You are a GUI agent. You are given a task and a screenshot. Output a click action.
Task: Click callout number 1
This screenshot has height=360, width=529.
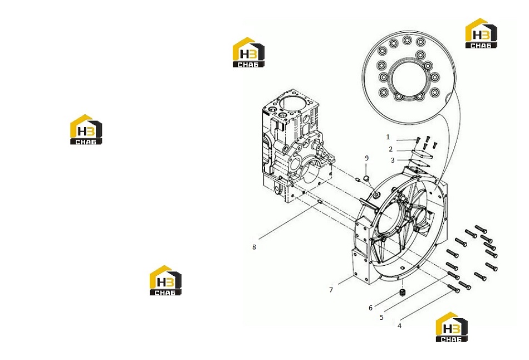tap(388, 137)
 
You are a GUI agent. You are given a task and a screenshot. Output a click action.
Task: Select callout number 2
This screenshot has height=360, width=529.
tap(391, 149)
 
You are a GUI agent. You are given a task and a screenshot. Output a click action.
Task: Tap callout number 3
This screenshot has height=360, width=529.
tap(393, 160)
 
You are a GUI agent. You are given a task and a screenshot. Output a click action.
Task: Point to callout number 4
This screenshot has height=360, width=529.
tap(399, 326)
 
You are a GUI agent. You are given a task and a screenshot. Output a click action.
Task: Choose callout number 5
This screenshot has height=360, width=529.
tap(381, 318)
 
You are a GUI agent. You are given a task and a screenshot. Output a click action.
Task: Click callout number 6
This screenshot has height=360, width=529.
tap(370, 308)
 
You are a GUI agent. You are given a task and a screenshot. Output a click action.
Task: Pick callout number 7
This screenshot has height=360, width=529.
tap(331, 290)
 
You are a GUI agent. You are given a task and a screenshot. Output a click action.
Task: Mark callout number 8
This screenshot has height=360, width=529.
tap(254, 247)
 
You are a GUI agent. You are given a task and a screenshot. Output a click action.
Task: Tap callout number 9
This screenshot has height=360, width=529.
tap(367, 158)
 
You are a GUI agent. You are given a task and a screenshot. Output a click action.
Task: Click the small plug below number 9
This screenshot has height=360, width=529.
tap(367, 178)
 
